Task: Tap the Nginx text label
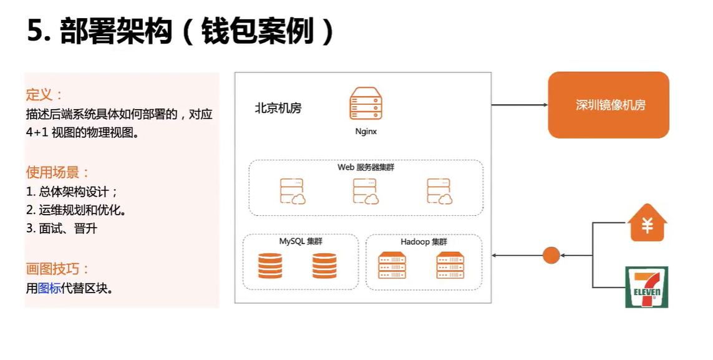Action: click(x=366, y=132)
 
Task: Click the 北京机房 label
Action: click(x=278, y=108)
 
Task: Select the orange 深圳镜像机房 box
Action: click(x=608, y=105)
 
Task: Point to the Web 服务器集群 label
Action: click(x=366, y=167)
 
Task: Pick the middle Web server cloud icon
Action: click(x=366, y=192)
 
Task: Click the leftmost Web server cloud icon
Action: click(x=292, y=192)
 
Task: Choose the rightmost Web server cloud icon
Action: click(x=439, y=192)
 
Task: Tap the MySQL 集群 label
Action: click(x=301, y=241)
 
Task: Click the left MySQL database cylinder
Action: click(x=269, y=266)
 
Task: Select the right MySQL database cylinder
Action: click(x=324, y=266)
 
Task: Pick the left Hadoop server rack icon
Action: click(x=392, y=265)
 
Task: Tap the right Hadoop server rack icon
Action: click(x=450, y=265)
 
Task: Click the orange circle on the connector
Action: click(x=551, y=255)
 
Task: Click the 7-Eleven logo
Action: click(x=647, y=287)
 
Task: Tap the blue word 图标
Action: click(x=49, y=288)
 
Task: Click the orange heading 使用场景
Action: click(x=57, y=172)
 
